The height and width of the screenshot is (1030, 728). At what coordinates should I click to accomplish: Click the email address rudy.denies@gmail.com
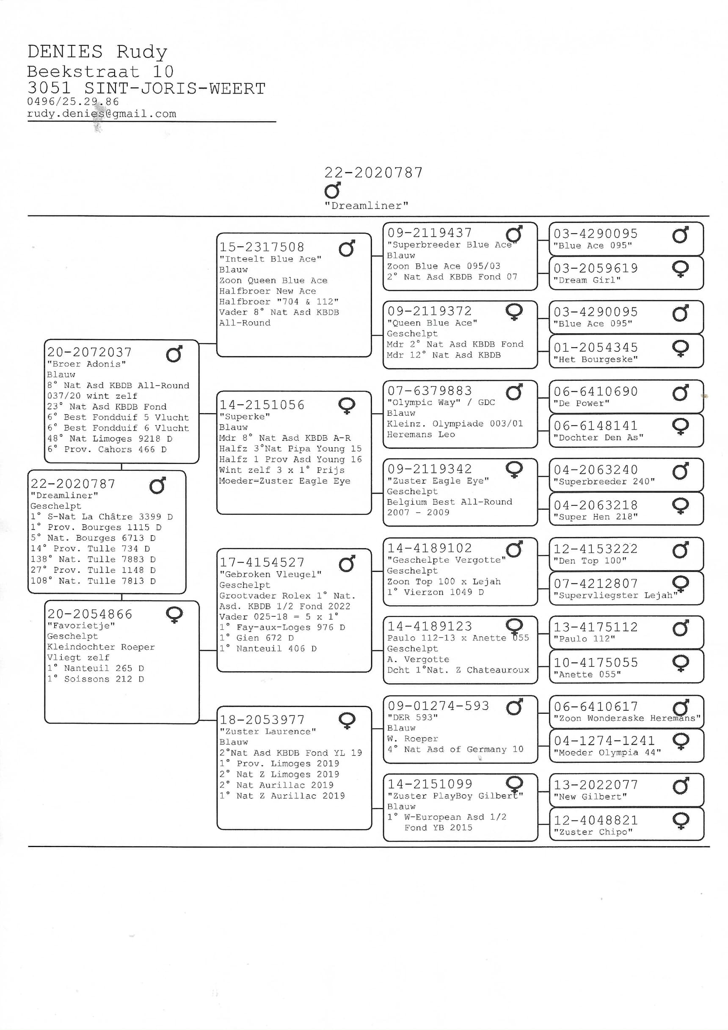point(102,114)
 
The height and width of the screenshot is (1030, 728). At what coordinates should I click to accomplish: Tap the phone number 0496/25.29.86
point(73,102)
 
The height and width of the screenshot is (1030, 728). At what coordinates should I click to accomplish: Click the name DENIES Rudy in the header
point(97,52)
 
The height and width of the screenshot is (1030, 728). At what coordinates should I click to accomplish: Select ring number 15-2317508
point(262,247)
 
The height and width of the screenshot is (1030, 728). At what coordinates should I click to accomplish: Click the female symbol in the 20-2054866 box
point(174,615)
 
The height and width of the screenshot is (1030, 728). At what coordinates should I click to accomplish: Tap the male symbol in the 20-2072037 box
point(174,354)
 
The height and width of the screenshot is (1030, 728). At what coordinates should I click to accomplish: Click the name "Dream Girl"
point(587,280)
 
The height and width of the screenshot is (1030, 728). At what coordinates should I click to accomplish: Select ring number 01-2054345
point(595,348)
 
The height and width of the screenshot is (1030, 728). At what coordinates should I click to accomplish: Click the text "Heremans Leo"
point(421,434)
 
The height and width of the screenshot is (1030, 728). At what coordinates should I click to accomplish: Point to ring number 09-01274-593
point(438,706)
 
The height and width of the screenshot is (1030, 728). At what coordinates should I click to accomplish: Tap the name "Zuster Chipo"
point(593,832)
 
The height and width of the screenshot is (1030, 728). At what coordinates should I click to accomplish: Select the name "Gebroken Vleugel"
point(270,574)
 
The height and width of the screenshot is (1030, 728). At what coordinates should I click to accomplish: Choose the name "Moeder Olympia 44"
point(607,752)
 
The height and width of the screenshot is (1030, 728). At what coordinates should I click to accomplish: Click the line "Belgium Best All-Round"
point(449,502)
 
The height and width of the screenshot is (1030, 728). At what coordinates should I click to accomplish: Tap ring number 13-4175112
point(595,627)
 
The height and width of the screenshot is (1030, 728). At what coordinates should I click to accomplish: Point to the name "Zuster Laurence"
point(267,731)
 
